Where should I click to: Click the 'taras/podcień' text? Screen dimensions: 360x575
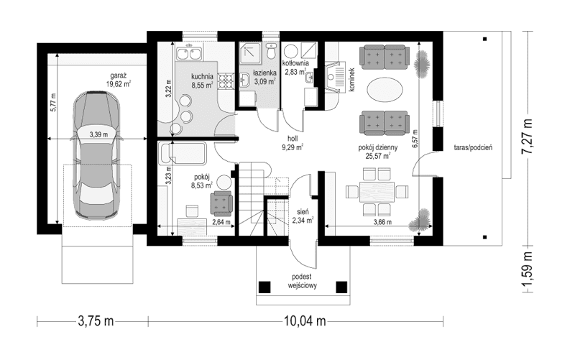pyautogui.click(x=472, y=147)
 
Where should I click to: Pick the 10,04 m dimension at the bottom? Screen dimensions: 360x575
pyautogui.click(x=304, y=320)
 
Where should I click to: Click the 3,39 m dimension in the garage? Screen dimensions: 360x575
pyautogui.click(x=99, y=134)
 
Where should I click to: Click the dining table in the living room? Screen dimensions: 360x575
pyautogui.click(x=374, y=191)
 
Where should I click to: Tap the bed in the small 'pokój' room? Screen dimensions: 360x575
pyautogui.click(x=183, y=153)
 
